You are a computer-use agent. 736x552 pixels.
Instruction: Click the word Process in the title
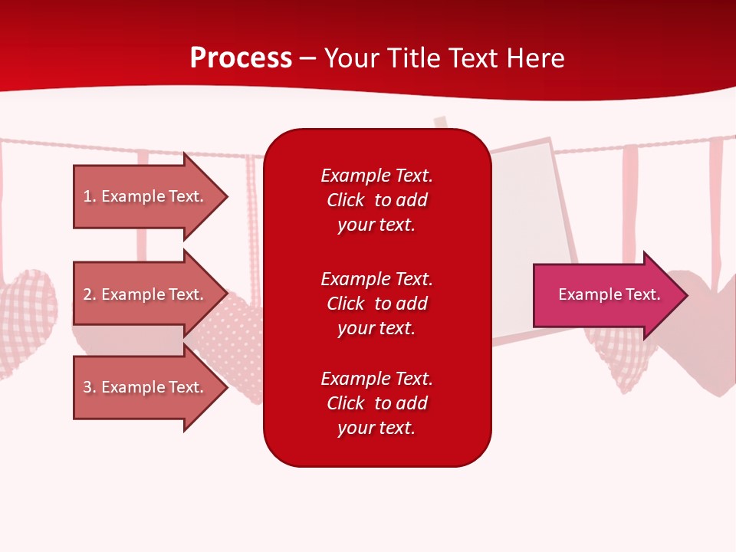coord(241,58)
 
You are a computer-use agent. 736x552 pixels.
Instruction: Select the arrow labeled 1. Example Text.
coord(146,196)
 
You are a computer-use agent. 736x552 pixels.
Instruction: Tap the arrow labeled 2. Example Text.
coord(146,294)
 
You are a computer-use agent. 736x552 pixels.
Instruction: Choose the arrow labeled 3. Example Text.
coord(146,387)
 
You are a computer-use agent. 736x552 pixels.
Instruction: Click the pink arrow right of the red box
coord(606,295)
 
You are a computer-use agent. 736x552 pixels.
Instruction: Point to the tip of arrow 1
coord(226,197)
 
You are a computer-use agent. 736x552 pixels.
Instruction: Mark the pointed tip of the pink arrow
coord(686,295)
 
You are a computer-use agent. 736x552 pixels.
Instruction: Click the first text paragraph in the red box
coord(376,200)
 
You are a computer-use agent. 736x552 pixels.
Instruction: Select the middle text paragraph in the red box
coord(376,304)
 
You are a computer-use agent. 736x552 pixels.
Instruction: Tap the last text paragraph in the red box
coord(376,403)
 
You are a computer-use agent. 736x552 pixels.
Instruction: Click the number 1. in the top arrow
coord(90,196)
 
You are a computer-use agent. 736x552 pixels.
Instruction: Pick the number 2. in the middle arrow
coord(90,294)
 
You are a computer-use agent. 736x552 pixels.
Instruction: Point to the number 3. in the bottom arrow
coord(90,387)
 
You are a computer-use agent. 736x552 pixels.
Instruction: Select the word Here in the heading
coord(537,58)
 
